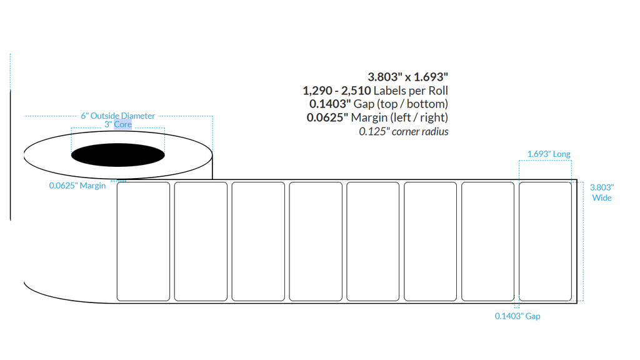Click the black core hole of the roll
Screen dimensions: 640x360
(118, 155)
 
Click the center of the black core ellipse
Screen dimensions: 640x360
(118, 155)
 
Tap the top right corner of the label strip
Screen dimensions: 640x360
(577, 179)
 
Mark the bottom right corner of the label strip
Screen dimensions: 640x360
(577, 303)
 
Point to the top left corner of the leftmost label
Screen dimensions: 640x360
(117, 182)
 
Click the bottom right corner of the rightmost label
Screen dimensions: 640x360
(571, 301)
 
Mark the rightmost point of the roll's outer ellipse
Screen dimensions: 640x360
(212, 155)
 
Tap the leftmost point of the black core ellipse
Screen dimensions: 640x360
(71, 155)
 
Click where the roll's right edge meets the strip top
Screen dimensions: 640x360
(212, 179)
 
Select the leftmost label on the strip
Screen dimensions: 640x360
(143, 242)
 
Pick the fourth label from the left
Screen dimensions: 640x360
(316, 242)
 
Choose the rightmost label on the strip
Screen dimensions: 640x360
(545, 242)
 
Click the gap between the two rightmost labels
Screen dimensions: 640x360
(516, 242)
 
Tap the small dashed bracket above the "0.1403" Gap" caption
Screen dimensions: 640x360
(517, 305)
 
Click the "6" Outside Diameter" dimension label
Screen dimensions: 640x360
(118, 116)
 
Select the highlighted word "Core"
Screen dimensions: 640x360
(123, 124)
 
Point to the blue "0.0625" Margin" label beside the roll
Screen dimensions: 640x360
(77, 185)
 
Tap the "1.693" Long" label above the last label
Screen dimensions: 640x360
(549, 154)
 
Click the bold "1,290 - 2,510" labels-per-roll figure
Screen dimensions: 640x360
(337, 91)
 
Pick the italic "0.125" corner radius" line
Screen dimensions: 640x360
(404, 131)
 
